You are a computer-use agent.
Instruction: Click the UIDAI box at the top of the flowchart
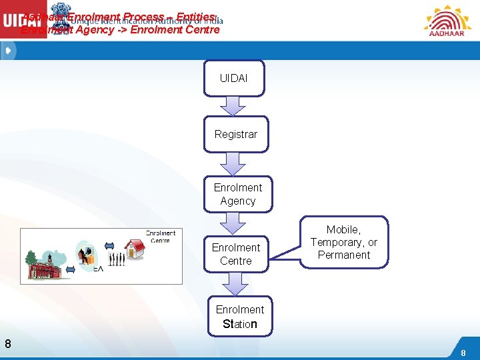[x=233, y=79]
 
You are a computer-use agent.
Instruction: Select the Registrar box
[x=235, y=135]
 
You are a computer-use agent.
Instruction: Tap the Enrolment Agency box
[x=238, y=194]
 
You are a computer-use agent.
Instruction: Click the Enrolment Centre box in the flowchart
[x=236, y=254]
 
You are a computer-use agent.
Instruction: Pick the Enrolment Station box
[x=239, y=317]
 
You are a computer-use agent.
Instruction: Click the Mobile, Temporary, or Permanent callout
[x=344, y=243]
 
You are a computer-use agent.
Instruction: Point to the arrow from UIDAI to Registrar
[x=233, y=106]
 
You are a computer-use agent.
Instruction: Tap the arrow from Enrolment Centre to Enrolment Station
[x=235, y=284]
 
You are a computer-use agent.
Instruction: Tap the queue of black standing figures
[x=116, y=259]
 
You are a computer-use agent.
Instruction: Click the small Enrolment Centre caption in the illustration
[x=161, y=236]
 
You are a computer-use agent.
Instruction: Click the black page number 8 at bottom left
[x=7, y=344]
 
